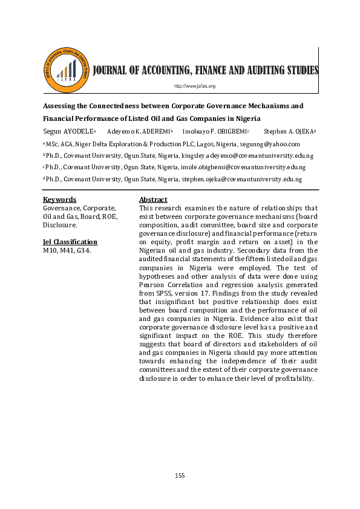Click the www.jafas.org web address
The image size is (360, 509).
195,86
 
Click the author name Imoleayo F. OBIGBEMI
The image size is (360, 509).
215,131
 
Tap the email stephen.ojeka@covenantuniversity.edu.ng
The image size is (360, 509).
243,179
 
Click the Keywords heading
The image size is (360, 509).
59,199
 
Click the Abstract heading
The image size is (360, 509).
153,199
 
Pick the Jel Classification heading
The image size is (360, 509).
70,242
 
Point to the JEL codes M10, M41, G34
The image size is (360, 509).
67,250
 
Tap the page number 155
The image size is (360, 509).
180,476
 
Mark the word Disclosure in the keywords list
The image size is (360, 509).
59,225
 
